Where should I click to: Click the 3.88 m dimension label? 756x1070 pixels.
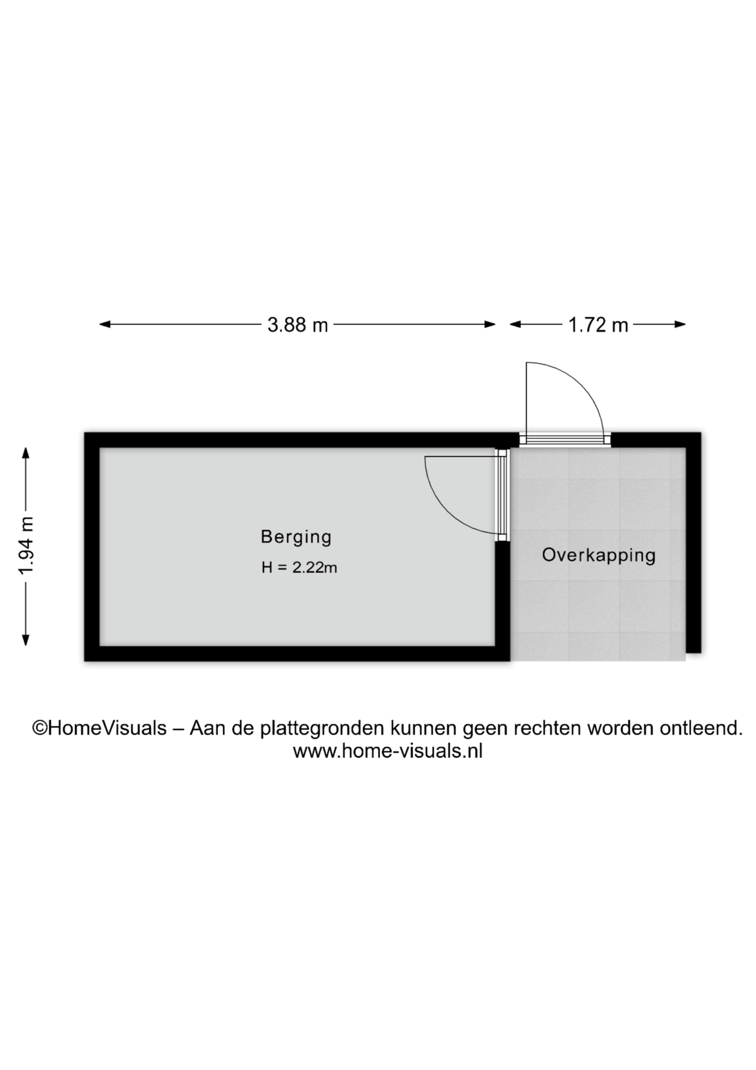[x=297, y=324]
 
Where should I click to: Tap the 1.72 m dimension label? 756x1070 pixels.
[x=598, y=324]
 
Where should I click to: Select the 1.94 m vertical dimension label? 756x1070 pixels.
[x=26, y=546]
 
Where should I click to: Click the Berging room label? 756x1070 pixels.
[x=296, y=537]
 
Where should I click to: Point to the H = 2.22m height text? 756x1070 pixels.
[x=300, y=567]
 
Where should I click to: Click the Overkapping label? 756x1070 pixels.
[x=599, y=555]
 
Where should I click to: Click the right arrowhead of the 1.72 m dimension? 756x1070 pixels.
[x=680, y=324]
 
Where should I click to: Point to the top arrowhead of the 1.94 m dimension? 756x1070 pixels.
[x=26, y=453]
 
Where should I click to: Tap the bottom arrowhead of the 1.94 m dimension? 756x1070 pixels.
[x=26, y=640]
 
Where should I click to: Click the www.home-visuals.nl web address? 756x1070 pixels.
[x=387, y=751]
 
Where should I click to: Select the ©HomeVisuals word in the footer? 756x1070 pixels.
[x=100, y=728]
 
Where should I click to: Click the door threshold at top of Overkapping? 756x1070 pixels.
[x=565, y=440]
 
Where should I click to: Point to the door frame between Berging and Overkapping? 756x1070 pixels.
[x=503, y=495]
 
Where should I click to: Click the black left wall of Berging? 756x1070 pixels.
[x=92, y=547]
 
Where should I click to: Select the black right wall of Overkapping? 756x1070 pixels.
[x=694, y=542]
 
